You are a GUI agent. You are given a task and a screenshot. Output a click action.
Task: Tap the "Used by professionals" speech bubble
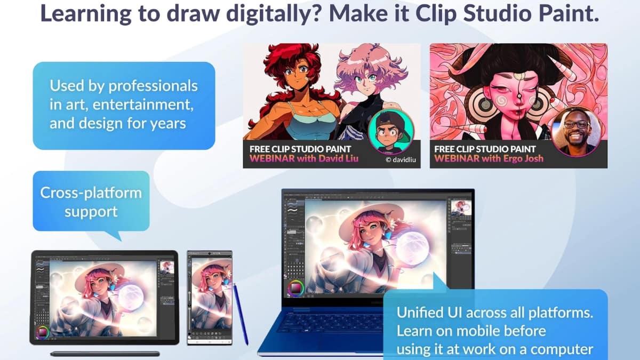[x=124, y=106]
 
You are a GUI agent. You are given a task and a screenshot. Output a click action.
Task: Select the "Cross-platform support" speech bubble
[x=91, y=201]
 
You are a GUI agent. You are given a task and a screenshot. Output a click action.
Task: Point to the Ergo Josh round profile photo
[x=577, y=130]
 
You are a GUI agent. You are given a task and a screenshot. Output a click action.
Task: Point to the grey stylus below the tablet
[x=105, y=354]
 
